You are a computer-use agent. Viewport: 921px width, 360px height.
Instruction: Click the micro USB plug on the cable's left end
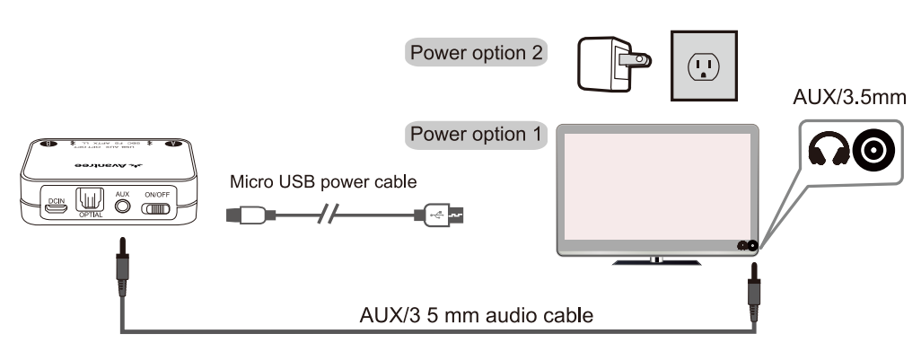(x=244, y=215)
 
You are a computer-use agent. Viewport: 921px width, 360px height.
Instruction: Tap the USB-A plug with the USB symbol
(x=440, y=215)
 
